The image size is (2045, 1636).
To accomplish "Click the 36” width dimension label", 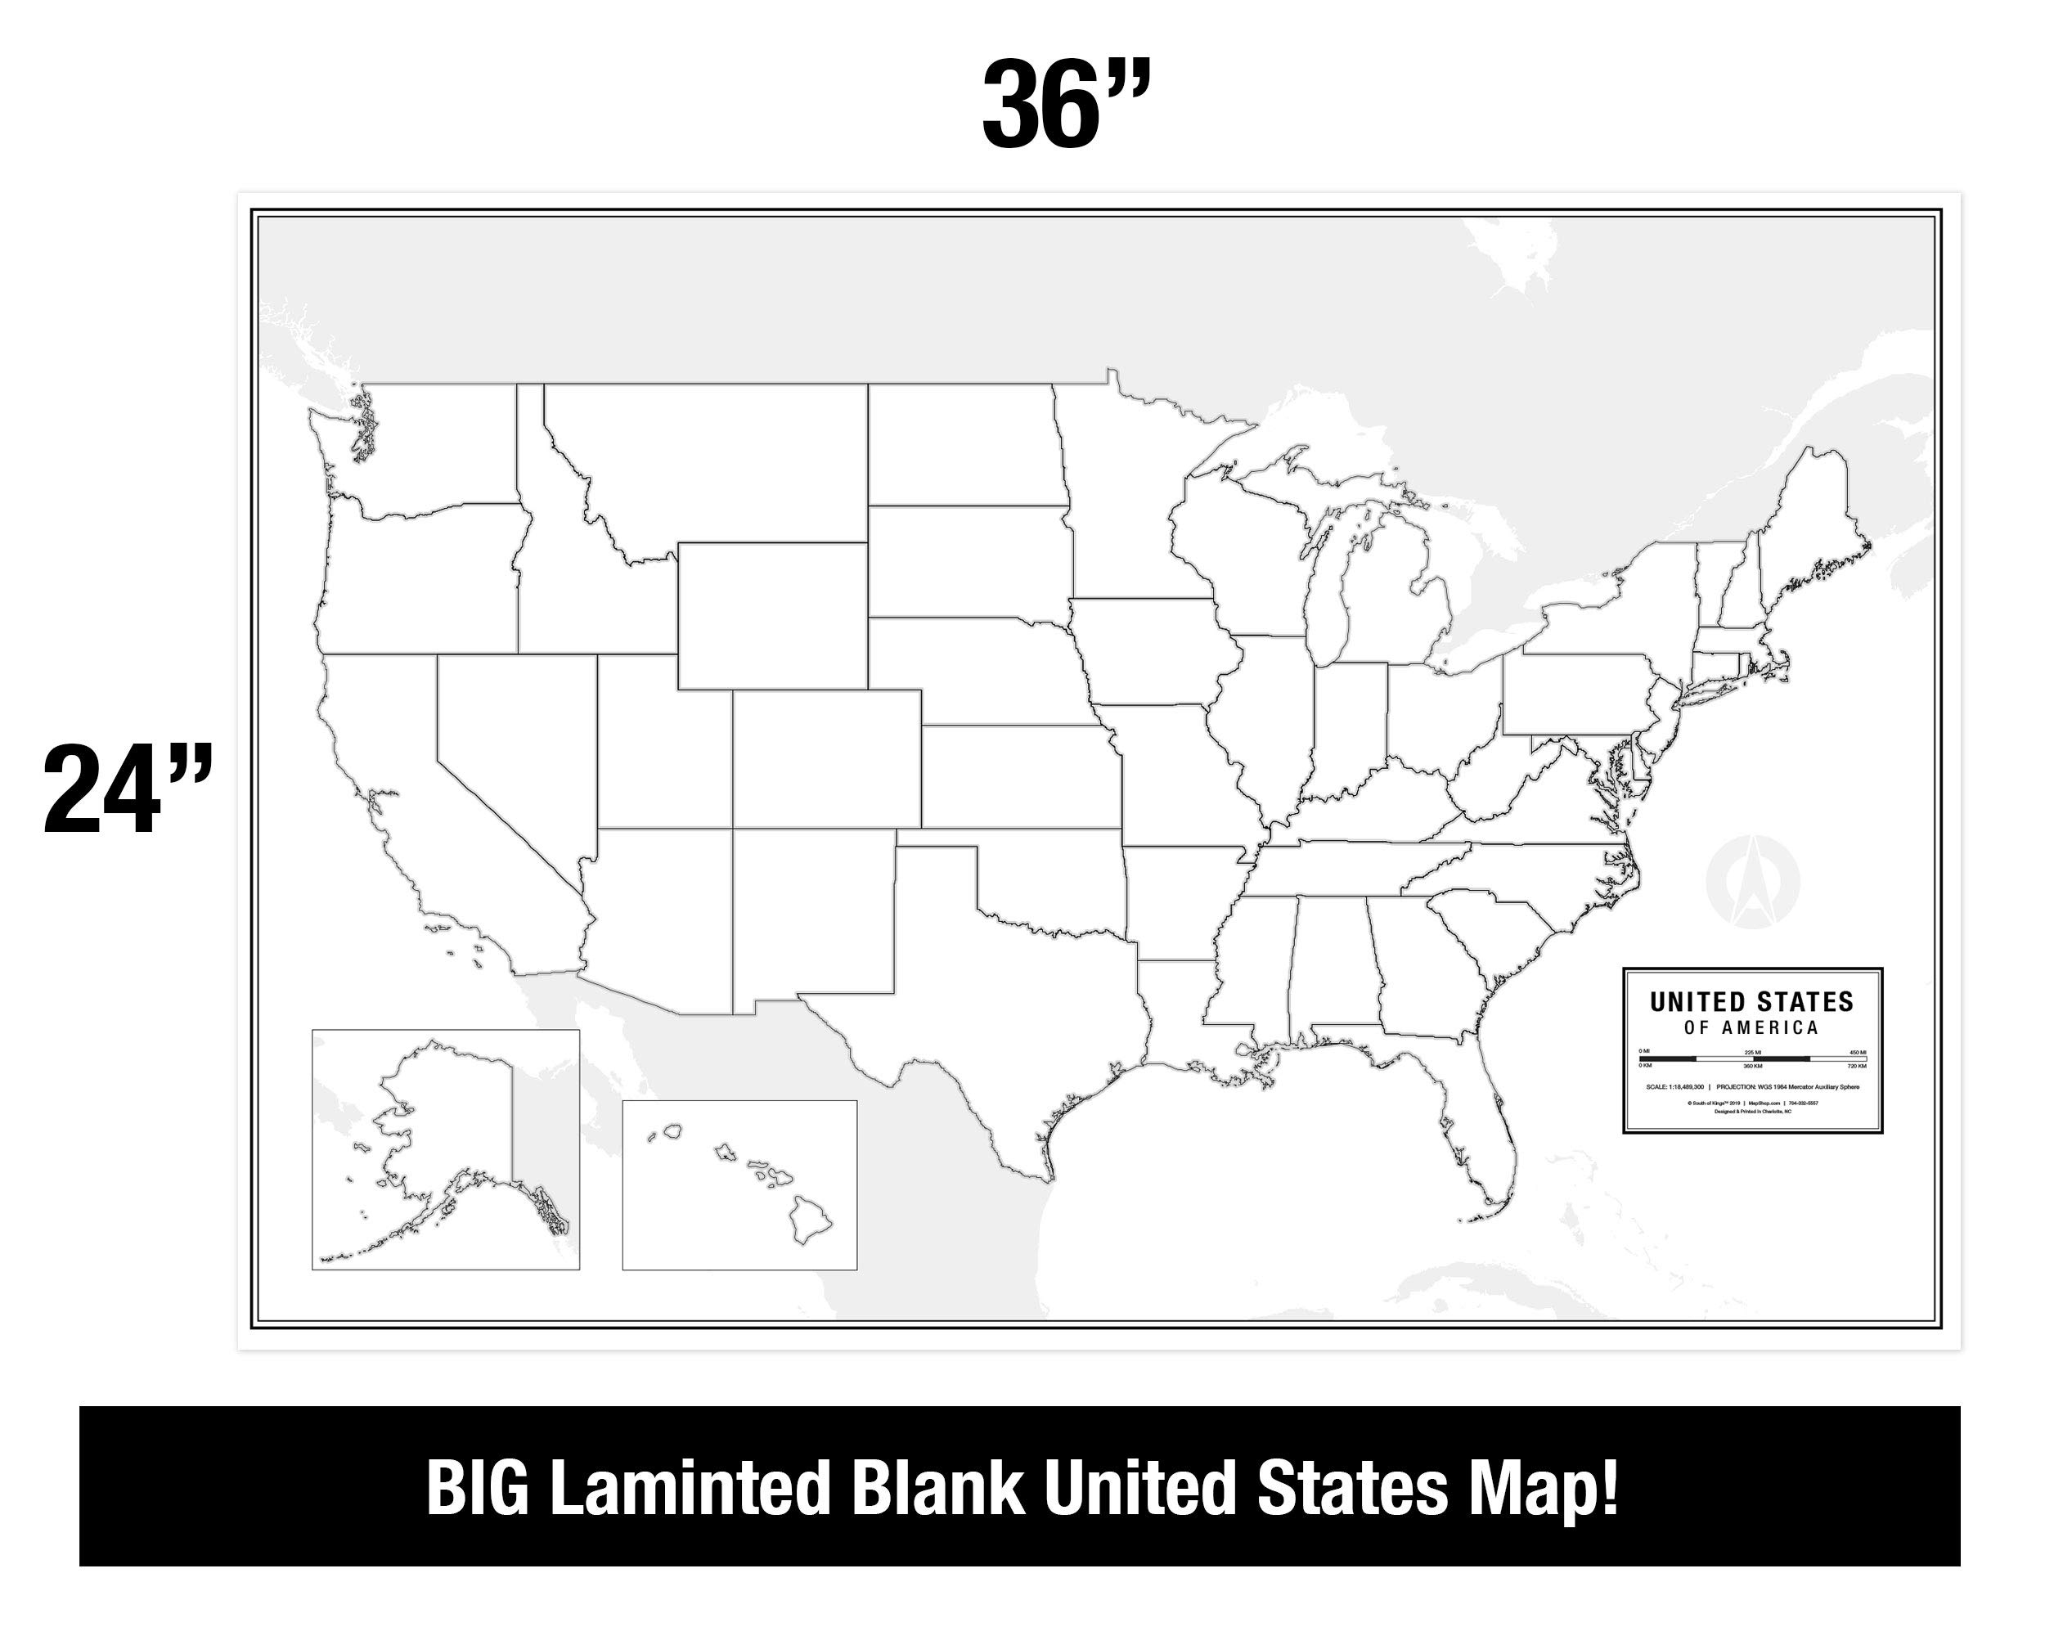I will tap(1066, 105).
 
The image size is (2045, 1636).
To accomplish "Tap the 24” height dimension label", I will tap(127, 789).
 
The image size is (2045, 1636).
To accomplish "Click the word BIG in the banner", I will tap(476, 1489).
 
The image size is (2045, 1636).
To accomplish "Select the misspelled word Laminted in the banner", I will tap(690, 1489).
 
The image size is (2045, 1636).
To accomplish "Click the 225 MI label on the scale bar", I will tap(1753, 1053).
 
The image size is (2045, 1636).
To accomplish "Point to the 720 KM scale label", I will tap(1856, 1067).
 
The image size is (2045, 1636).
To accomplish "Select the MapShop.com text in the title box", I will tap(1762, 1103).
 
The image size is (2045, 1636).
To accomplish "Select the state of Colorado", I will tap(825, 759).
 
